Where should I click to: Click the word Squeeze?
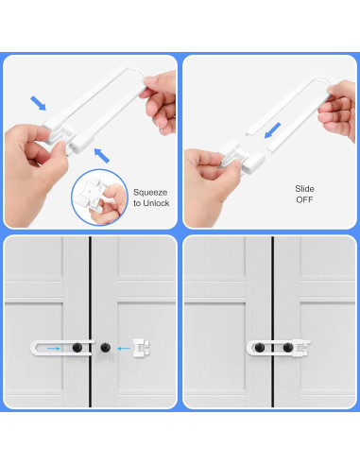tap(150, 193)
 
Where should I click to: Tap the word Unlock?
tap(156, 203)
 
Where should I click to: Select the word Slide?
tap(304, 189)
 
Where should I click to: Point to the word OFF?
tap(304, 199)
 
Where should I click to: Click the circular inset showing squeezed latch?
tap(99, 198)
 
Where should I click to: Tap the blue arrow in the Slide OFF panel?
tap(272, 130)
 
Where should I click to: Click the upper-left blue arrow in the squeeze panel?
tap(38, 103)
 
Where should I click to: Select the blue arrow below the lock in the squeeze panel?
tap(102, 156)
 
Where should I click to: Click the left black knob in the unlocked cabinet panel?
tap(77, 348)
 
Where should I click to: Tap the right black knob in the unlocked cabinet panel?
tap(106, 348)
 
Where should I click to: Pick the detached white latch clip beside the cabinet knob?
tap(141, 348)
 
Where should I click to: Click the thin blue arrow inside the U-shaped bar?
tap(53, 349)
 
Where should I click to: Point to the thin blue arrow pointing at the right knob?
tap(124, 349)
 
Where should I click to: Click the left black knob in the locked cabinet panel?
tap(260, 348)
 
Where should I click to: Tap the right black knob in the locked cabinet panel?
tap(288, 348)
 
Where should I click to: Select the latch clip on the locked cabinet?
tap(301, 348)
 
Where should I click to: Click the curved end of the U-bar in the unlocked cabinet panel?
tap(32, 348)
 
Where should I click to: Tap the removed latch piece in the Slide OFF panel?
tap(242, 158)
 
